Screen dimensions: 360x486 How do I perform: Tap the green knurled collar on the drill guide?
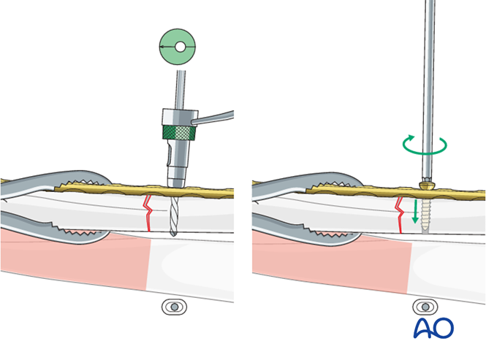[x=178, y=131]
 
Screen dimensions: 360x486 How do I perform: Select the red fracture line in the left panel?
[x=148, y=212]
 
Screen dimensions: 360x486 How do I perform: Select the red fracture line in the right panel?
[x=400, y=213]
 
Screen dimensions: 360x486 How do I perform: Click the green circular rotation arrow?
[x=424, y=145]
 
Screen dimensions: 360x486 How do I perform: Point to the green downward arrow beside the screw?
[x=416, y=212]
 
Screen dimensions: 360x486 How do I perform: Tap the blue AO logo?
[x=433, y=329]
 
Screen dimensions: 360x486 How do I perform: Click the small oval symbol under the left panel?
[x=174, y=307]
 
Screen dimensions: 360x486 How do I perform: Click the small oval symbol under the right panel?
[x=425, y=307]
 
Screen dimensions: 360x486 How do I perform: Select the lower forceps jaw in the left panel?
[x=58, y=223]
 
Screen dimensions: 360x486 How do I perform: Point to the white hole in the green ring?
[x=179, y=47]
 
